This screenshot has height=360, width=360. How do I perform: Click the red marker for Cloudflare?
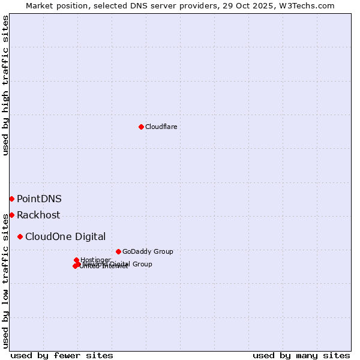coord(141,127)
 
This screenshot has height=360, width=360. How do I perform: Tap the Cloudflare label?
coord(161,127)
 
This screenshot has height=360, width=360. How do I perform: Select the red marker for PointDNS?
coord(11,199)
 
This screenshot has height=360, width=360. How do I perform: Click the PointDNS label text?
coord(39,199)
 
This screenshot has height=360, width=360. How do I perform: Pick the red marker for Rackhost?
coord(11,215)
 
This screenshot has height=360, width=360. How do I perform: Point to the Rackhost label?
coord(38,215)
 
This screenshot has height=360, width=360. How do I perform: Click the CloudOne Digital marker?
coord(20,236)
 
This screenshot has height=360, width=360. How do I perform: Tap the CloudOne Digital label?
coord(65,236)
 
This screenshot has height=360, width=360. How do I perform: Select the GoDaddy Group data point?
coord(118,251)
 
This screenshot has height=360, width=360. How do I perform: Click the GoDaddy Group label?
coord(148,251)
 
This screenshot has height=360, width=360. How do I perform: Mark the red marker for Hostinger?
coord(77,260)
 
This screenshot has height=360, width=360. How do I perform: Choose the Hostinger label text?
coord(95,260)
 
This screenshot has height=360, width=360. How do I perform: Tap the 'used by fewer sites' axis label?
coord(62,355)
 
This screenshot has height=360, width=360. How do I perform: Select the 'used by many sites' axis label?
coord(301,355)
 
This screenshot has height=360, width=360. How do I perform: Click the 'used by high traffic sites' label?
coord(5,85)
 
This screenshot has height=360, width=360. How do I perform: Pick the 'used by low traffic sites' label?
coord(5,281)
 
